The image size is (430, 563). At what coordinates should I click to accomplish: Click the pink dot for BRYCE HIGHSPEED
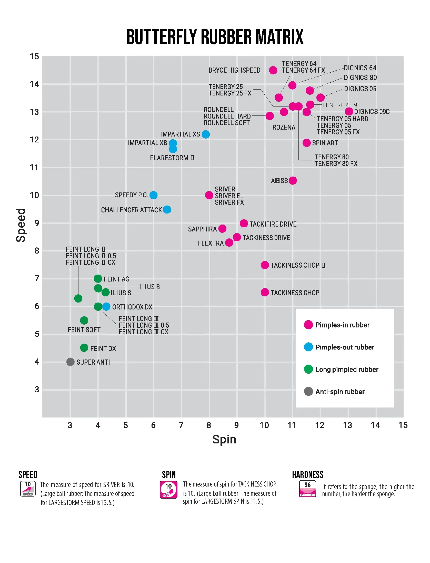tap(273, 70)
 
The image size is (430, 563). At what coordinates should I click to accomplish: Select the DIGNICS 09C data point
tap(349, 111)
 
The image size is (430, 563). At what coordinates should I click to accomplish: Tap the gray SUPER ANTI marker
tap(70, 362)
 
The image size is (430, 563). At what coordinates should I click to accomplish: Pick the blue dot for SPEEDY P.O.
tap(153, 195)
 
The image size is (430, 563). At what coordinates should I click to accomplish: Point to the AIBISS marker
tap(293, 181)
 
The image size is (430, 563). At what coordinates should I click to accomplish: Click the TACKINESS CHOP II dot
tap(265, 265)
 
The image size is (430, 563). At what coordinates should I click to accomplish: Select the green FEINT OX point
tap(84, 348)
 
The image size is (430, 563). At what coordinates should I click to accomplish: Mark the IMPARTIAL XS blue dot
tap(206, 134)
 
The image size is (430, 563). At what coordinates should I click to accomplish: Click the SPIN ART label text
tap(325, 143)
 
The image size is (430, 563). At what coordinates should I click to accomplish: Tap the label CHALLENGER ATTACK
tap(131, 210)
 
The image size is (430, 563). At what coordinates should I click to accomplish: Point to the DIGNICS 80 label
tap(360, 77)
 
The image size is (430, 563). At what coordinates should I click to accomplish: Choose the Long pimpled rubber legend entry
tap(347, 369)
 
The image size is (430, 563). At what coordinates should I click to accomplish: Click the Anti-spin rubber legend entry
tap(340, 392)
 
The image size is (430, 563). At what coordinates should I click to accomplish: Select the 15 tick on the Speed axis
tap(34, 56)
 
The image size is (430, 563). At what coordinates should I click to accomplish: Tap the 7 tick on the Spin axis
tap(181, 425)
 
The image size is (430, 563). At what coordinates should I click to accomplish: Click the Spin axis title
tap(224, 439)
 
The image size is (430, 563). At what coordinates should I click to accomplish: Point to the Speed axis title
tap(21, 225)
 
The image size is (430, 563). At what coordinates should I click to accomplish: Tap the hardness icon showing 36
tap(307, 489)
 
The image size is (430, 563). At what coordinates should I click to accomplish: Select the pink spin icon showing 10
tap(168, 489)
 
